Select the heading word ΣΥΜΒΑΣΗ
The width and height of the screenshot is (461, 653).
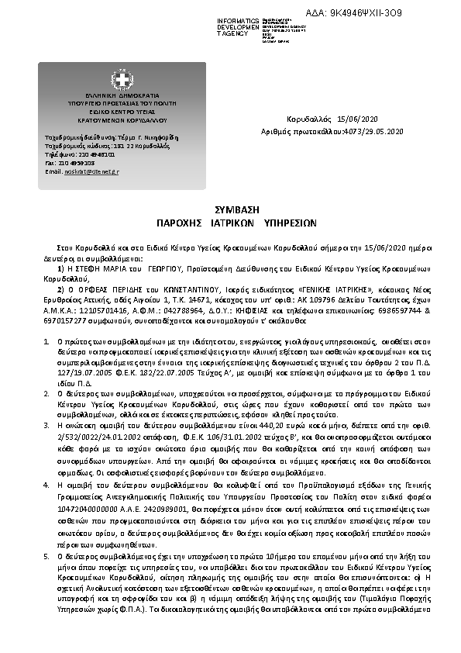click(231, 210)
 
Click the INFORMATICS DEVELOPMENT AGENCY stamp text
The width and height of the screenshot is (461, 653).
click(239, 26)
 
